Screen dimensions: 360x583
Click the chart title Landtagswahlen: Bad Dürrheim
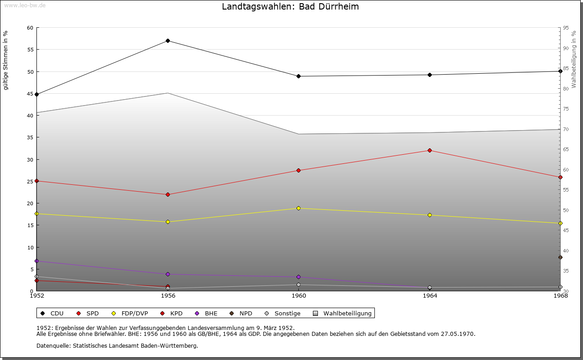click(x=290, y=7)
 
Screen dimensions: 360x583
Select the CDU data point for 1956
click(x=168, y=41)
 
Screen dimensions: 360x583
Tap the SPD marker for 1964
click(x=430, y=151)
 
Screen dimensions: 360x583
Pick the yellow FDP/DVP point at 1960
click(x=299, y=208)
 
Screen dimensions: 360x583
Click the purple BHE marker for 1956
click(x=168, y=274)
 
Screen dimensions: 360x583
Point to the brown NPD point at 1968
click(x=560, y=258)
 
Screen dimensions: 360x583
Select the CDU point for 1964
click(x=430, y=75)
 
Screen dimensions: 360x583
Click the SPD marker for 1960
click(x=299, y=171)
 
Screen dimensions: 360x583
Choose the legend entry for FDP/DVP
click(x=130, y=314)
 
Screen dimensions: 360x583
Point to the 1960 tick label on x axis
click(x=299, y=296)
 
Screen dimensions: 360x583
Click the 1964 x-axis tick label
click(x=430, y=296)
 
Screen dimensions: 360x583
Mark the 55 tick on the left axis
click(x=30, y=50)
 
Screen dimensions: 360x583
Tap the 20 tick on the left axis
click(x=30, y=203)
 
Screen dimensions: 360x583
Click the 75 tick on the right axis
click(x=565, y=109)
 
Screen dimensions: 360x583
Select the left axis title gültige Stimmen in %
click(x=5, y=60)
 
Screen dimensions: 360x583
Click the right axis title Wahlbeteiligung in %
click(x=574, y=60)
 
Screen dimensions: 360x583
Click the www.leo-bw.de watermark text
click(x=24, y=5)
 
